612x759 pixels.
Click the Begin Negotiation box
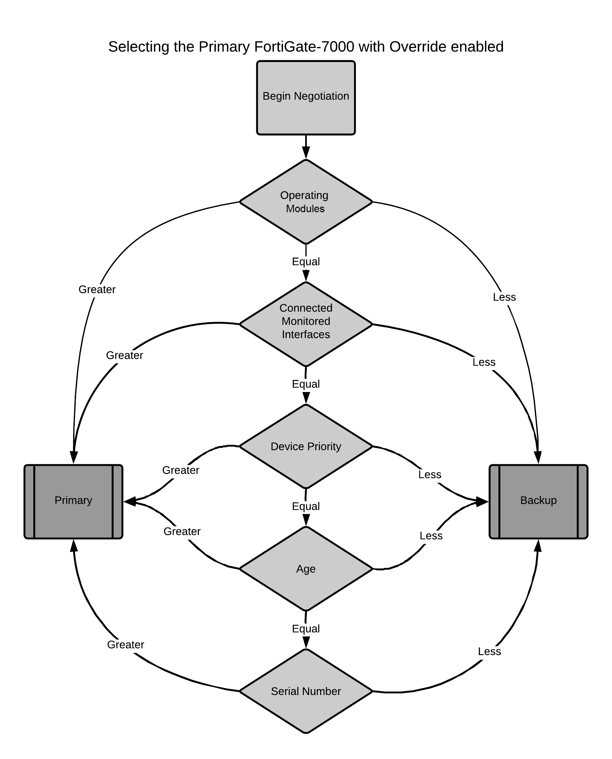click(306, 98)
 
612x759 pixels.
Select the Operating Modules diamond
click(306, 202)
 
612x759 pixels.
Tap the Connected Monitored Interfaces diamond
click(306, 324)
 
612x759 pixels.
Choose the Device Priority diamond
click(306, 446)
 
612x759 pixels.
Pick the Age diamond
click(306, 569)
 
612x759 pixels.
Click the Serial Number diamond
click(306, 691)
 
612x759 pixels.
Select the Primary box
click(73, 502)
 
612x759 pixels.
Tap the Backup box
click(538, 502)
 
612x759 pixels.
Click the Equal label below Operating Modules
click(306, 261)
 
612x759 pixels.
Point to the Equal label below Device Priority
click(306, 506)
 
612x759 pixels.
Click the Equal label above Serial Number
click(306, 628)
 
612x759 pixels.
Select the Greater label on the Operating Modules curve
click(97, 290)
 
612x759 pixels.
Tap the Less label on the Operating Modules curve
click(504, 297)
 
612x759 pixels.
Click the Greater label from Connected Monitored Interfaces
click(124, 356)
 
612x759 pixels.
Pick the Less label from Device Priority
click(430, 475)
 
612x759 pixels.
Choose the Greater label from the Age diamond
click(182, 531)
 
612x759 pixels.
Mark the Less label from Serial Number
click(489, 652)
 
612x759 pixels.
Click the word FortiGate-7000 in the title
click(304, 47)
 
